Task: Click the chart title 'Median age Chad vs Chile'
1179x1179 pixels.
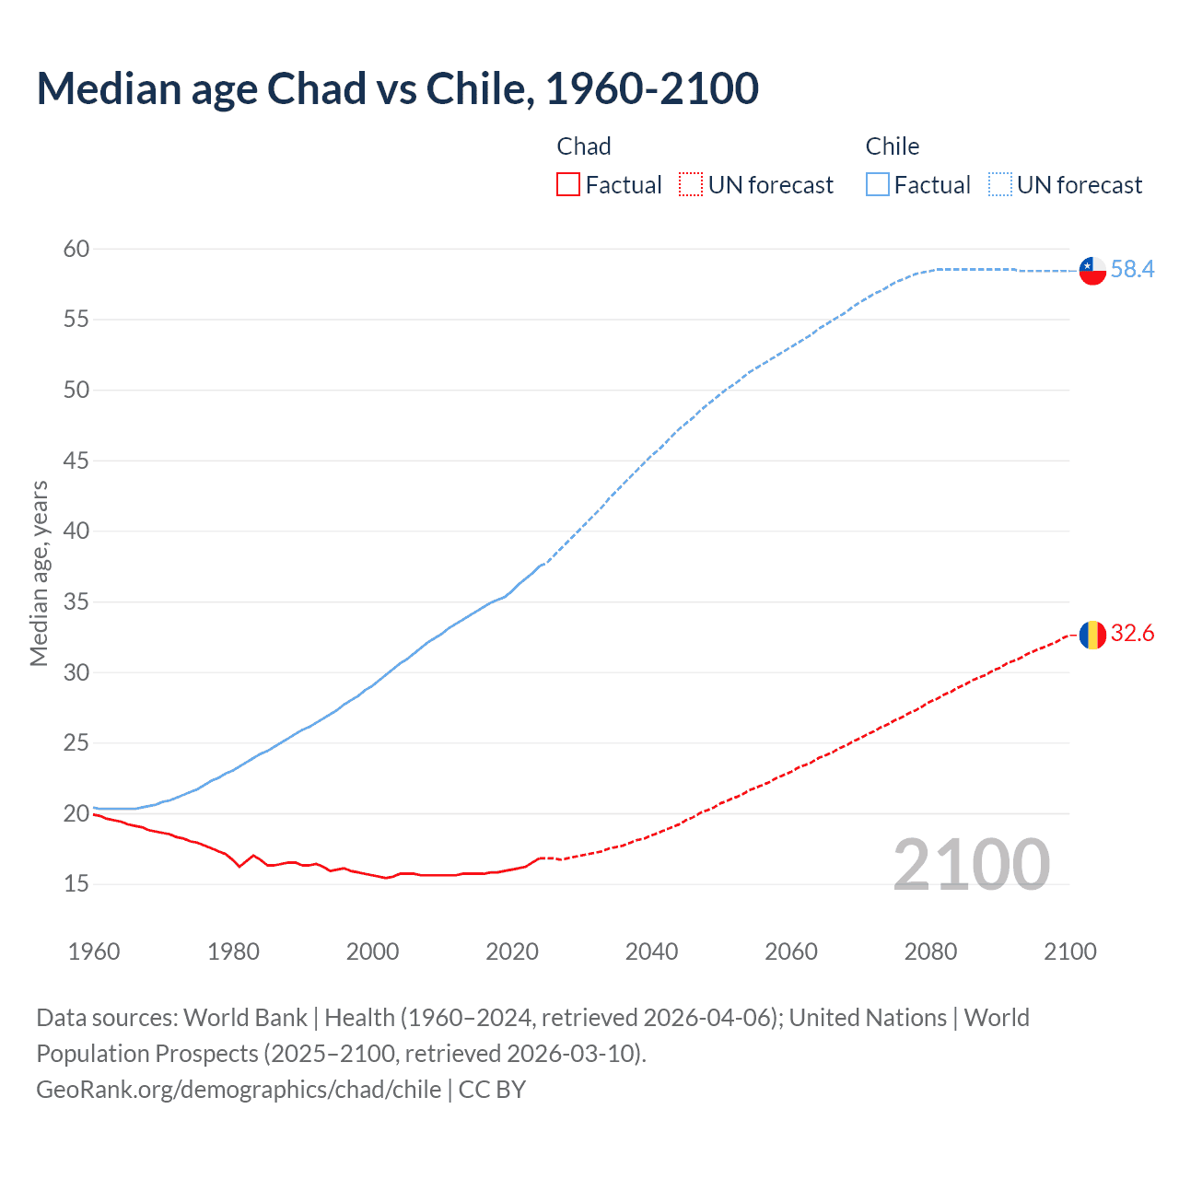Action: pos(397,88)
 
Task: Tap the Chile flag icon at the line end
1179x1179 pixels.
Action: pos(1092,271)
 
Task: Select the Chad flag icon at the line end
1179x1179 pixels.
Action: pos(1092,635)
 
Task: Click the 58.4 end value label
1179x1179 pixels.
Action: pos(1132,269)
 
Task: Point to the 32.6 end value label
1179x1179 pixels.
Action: pos(1132,633)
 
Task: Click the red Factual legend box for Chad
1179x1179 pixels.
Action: pos(568,185)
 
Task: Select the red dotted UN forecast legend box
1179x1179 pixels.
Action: pos(691,185)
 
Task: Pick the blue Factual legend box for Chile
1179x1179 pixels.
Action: pos(877,185)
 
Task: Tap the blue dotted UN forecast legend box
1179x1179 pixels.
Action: pos(999,185)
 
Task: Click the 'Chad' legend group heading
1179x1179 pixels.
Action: pos(584,146)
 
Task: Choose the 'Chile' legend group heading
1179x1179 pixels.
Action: pos(892,146)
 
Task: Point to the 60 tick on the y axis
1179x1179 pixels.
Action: pos(76,249)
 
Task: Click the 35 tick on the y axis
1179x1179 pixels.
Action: pos(76,602)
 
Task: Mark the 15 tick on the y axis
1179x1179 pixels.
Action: pos(76,884)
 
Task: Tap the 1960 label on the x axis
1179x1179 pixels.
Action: pos(94,951)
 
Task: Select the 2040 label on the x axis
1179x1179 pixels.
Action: pos(651,951)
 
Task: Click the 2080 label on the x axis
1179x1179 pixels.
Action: pos(930,951)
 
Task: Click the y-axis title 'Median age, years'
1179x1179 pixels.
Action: pos(39,573)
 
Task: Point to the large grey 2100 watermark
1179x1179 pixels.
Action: pos(972,865)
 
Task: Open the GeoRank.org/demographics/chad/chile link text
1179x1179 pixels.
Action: pos(239,1090)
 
